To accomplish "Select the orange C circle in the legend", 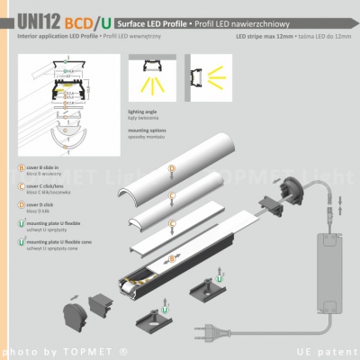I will pos(20,186).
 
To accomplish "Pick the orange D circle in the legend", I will pos(20,205).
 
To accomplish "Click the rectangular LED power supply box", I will pos(319,244).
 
